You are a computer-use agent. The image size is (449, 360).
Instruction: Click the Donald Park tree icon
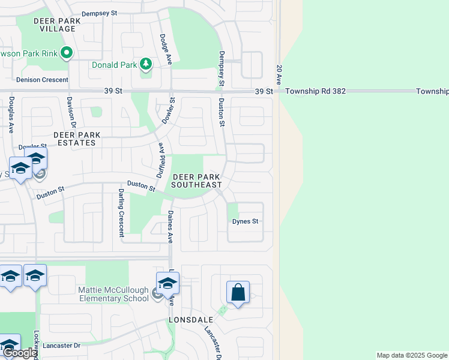(x=146, y=63)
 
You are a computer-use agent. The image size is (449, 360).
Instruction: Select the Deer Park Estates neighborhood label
(x=74, y=139)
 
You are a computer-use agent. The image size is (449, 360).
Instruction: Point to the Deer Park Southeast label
(x=196, y=181)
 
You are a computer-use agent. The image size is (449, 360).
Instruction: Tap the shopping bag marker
(x=238, y=293)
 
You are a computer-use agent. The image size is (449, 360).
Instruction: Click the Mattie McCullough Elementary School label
(x=113, y=294)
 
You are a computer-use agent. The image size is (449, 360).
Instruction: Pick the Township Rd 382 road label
(x=316, y=91)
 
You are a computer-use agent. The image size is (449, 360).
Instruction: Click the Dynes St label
(x=245, y=221)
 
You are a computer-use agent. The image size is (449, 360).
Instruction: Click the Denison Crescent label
(x=42, y=79)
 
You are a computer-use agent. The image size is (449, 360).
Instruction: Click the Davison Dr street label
(x=70, y=112)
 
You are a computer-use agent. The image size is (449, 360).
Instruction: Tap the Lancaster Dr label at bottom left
(x=61, y=346)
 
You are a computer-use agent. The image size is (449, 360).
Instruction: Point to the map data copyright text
(x=411, y=355)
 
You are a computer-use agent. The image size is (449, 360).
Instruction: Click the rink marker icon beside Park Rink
(x=66, y=53)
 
